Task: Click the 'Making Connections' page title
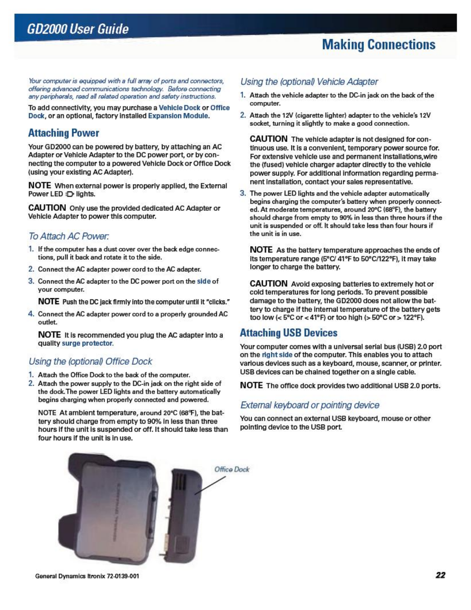pos(378,45)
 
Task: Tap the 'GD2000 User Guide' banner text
pos(78,29)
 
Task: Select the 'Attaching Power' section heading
pos(63,133)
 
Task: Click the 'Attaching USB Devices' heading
pos(289,333)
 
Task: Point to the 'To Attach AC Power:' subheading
pos(68,236)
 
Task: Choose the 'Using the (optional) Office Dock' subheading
pos(90,361)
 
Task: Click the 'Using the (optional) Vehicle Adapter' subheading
pos(309,81)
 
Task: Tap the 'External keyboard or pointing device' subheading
pos(310,405)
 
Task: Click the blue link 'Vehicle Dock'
pos(179,108)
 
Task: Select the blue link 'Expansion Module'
pos(178,116)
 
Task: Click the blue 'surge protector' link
pos(87,343)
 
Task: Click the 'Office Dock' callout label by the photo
pos(232,469)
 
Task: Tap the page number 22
pos(441,575)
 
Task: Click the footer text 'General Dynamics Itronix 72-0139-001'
pos(87,576)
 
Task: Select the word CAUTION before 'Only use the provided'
pos(47,208)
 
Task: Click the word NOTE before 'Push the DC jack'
pos(49,301)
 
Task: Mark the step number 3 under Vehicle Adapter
pos(243,193)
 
